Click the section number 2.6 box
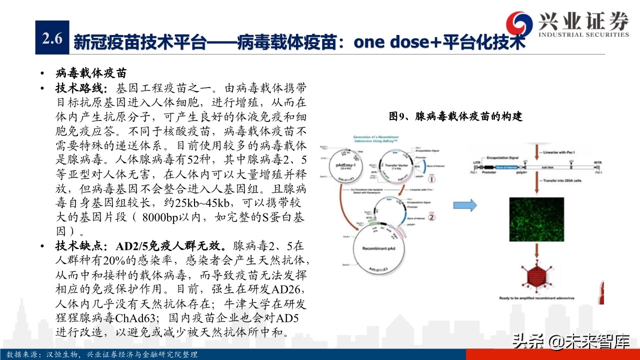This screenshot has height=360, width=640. (52, 37)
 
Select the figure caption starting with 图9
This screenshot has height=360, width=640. (455, 116)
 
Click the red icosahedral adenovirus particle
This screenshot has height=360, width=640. (537, 276)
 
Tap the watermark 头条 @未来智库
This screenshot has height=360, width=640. (570, 342)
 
